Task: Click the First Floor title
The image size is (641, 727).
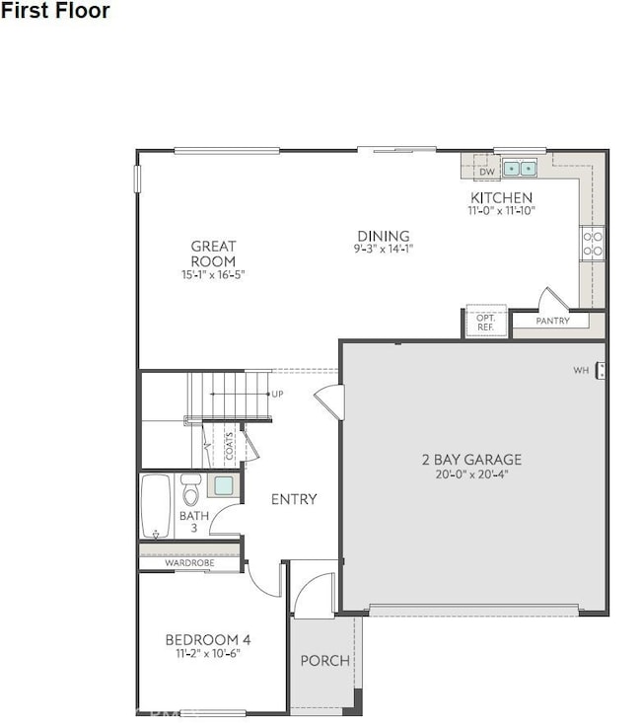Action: pyautogui.click(x=55, y=11)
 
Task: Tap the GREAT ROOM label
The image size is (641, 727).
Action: pyautogui.click(x=213, y=254)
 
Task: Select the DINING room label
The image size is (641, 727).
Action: pyautogui.click(x=384, y=236)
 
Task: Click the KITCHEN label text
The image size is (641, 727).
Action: pyautogui.click(x=501, y=197)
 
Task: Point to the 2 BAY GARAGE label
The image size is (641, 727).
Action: pyautogui.click(x=471, y=459)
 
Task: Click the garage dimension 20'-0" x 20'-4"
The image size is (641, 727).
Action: pyautogui.click(x=471, y=474)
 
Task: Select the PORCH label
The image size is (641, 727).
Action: pyautogui.click(x=324, y=660)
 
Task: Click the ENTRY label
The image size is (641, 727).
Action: pyautogui.click(x=294, y=499)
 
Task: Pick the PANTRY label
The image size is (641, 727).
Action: pyautogui.click(x=553, y=322)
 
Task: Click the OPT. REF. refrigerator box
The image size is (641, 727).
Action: pyautogui.click(x=485, y=323)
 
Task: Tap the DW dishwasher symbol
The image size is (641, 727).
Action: pyautogui.click(x=486, y=172)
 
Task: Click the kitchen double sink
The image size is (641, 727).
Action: pyautogui.click(x=520, y=169)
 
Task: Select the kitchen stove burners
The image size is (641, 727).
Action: pyautogui.click(x=593, y=244)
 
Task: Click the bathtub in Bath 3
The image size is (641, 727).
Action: pyautogui.click(x=156, y=507)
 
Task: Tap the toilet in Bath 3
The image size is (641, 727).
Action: pyautogui.click(x=191, y=490)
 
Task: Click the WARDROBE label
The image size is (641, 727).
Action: pyautogui.click(x=189, y=563)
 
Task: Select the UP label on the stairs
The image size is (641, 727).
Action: pyautogui.click(x=277, y=394)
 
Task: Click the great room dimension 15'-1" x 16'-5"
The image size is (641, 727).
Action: pyautogui.click(x=213, y=275)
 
